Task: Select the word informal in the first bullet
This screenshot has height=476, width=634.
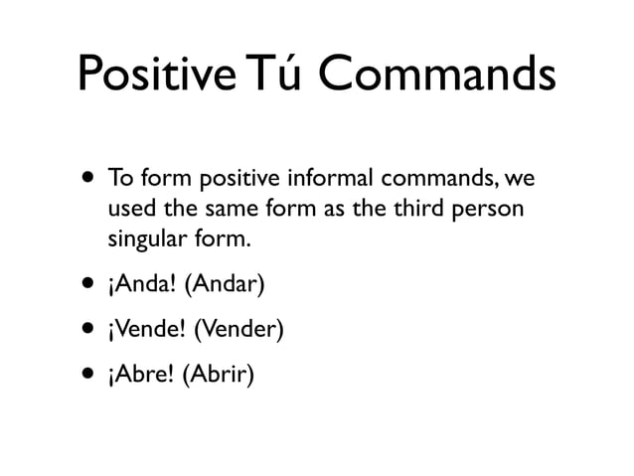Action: click(x=328, y=180)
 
